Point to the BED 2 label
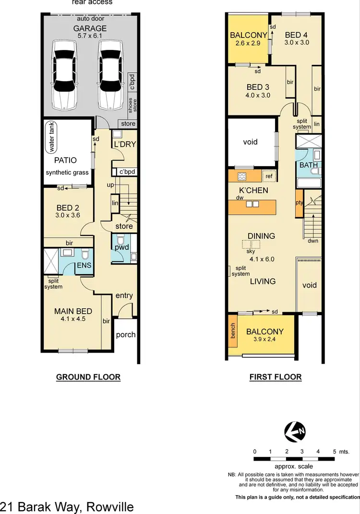(x=68, y=208)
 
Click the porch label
(x=126, y=334)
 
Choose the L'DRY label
(x=125, y=144)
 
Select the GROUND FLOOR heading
(x=88, y=377)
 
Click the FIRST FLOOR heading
(x=276, y=377)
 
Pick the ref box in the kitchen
(x=269, y=176)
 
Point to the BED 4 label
(x=296, y=35)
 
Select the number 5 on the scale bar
(x=334, y=452)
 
